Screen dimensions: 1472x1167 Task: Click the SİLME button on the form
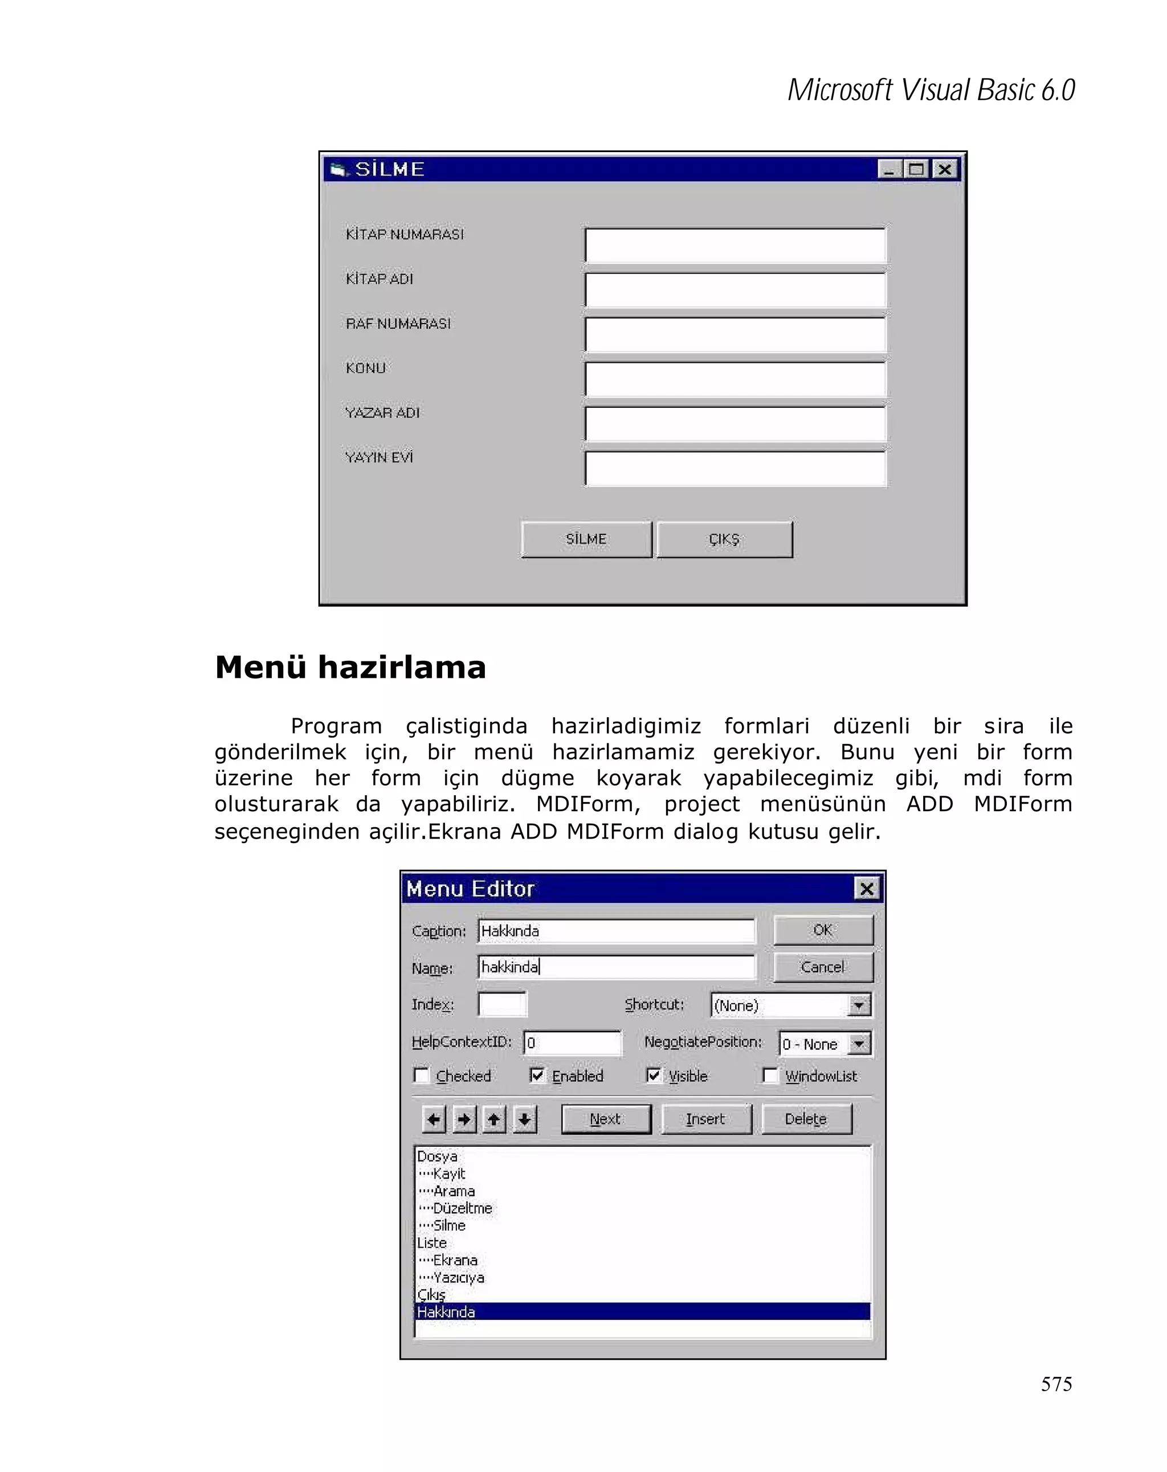(585, 539)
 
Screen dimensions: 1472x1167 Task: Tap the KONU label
(365, 368)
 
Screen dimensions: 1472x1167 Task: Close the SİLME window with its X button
(944, 169)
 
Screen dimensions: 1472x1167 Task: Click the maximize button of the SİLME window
(916, 169)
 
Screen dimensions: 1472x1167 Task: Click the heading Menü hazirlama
(350, 667)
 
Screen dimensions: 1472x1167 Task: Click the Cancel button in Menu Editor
(822, 967)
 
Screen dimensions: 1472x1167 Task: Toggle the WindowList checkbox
(770, 1076)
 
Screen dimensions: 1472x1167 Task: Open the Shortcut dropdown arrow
(858, 1005)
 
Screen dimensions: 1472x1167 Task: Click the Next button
(605, 1118)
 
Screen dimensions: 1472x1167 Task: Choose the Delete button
(806, 1118)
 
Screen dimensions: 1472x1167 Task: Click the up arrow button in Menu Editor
(493, 1119)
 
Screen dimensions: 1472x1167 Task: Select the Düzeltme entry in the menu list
(462, 1208)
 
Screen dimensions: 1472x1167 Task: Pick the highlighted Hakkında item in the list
(447, 1311)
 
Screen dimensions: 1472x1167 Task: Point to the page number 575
(1056, 1384)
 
